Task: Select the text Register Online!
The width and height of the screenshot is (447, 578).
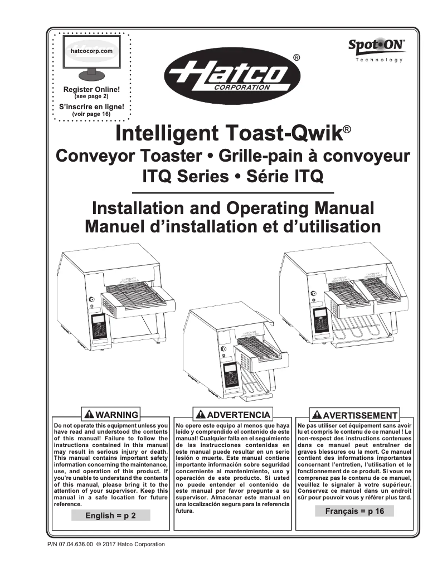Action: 91,90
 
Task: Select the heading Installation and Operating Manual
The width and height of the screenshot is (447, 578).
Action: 232,210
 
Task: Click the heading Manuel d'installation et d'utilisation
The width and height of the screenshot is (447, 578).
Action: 232,227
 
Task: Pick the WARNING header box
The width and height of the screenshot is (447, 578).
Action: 110,415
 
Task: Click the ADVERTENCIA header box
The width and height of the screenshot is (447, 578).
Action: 232,415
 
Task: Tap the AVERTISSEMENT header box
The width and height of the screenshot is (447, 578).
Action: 355,415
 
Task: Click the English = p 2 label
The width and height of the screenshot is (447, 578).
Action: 110,516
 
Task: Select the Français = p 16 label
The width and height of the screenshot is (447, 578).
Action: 354,511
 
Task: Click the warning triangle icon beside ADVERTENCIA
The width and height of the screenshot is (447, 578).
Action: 200,415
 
